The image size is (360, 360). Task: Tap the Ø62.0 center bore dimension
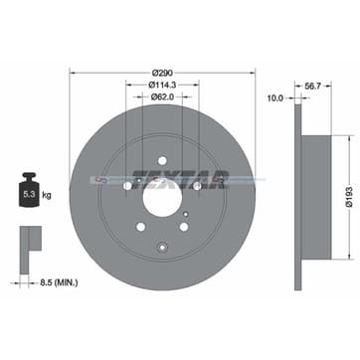pyautogui.click(x=162, y=98)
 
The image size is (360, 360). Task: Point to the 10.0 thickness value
pyautogui.click(x=276, y=98)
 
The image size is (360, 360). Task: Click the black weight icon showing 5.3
pyautogui.click(x=29, y=195)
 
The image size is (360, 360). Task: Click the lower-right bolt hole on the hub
pyautogui.click(x=197, y=185)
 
